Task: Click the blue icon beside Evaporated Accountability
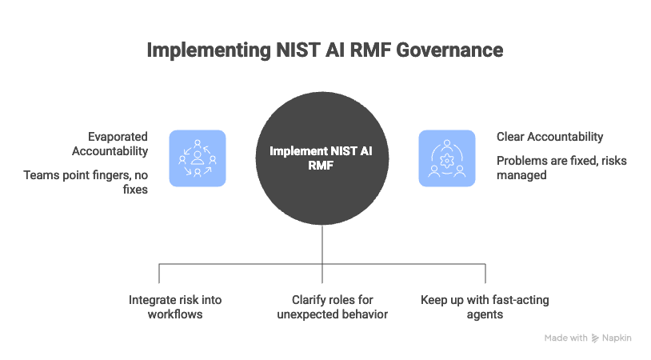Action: (197, 158)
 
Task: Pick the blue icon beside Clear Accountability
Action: (447, 158)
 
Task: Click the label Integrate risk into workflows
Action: (175, 306)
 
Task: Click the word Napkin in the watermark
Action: (618, 338)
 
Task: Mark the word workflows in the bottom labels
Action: (175, 314)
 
